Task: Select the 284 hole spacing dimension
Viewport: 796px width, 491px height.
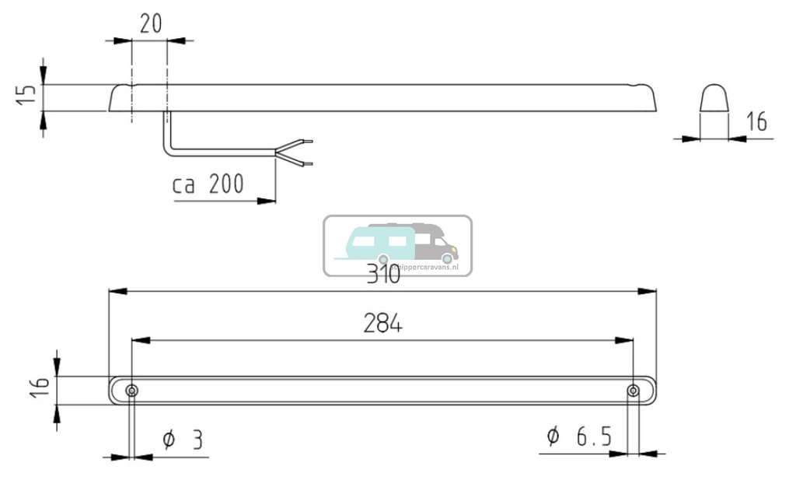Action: (x=382, y=324)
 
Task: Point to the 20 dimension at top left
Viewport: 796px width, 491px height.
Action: (x=151, y=24)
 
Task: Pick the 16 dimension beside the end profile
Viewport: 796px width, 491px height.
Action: (x=756, y=121)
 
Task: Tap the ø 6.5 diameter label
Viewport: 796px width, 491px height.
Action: (x=578, y=437)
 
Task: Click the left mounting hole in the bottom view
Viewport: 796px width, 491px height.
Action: (x=132, y=390)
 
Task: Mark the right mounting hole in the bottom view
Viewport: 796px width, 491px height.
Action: (x=634, y=390)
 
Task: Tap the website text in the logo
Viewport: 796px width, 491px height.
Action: (x=424, y=266)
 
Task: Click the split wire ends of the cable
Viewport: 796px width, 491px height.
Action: (x=299, y=153)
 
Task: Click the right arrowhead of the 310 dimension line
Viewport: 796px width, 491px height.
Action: (x=650, y=291)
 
